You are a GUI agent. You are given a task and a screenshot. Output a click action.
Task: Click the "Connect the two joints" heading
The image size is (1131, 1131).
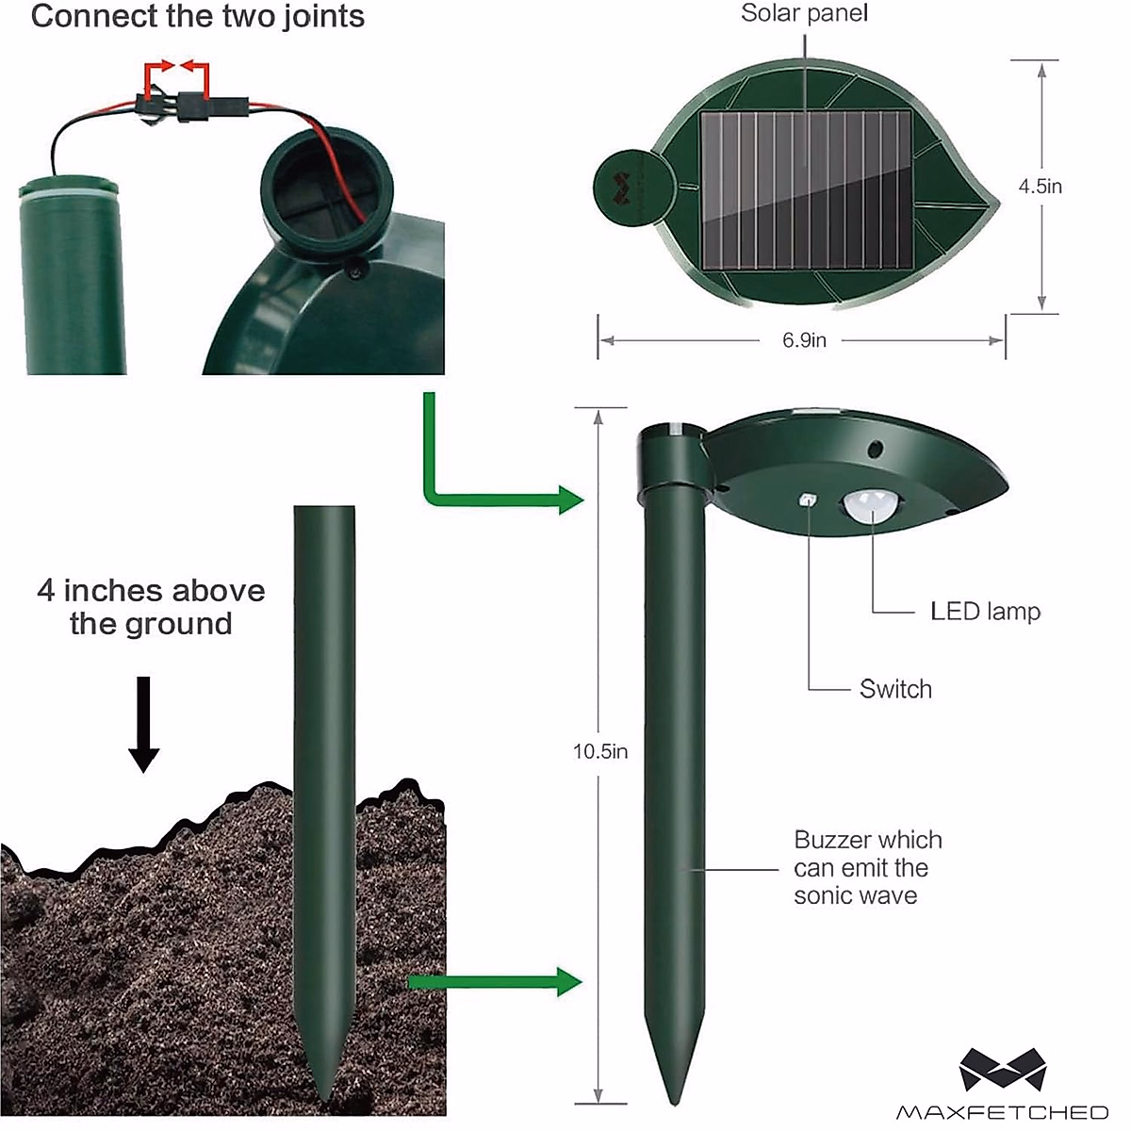(198, 17)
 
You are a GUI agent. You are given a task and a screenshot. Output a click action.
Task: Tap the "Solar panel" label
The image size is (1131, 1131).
(804, 13)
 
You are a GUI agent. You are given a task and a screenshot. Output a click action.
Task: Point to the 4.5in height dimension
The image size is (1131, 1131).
(1040, 187)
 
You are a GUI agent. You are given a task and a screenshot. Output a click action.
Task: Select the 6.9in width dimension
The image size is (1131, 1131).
(804, 340)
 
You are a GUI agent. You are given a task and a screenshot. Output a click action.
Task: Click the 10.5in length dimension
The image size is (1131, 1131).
(600, 751)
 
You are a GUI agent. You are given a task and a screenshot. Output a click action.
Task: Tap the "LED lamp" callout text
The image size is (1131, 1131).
(985, 612)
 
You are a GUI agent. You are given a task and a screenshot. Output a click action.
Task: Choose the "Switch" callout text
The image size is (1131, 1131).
(895, 689)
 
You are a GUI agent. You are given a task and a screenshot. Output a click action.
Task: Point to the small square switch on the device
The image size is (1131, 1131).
(808, 502)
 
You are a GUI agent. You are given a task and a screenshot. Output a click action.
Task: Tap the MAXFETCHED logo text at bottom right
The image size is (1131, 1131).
(1002, 1112)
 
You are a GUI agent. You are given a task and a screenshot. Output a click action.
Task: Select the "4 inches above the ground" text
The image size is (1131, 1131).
(151, 607)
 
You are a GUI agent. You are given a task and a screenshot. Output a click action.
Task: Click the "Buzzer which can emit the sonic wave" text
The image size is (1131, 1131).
(867, 867)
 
